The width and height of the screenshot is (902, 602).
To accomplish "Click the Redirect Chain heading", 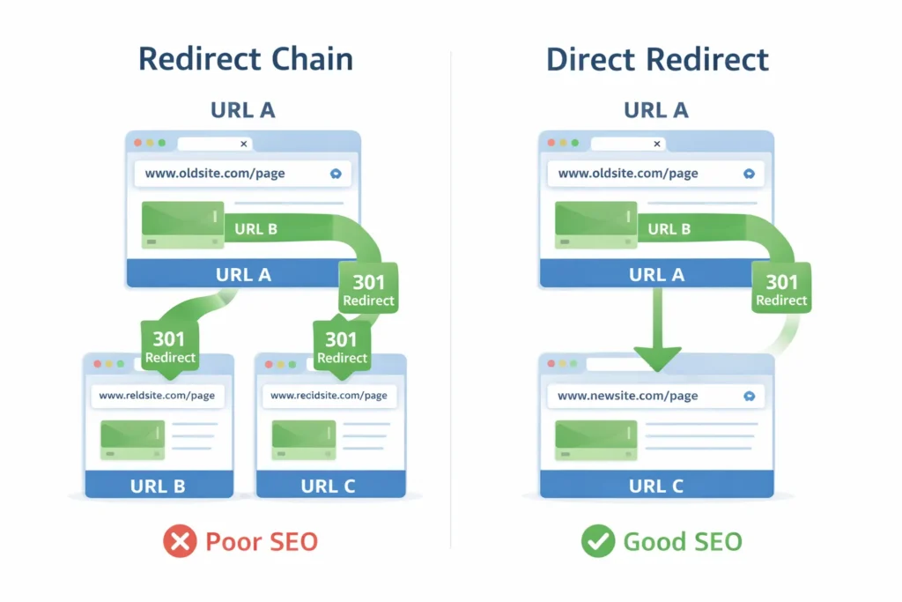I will pos(246,60).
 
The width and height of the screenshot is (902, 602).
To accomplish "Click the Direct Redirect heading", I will pos(657,60).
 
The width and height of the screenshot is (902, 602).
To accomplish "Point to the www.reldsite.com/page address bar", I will pos(158,396).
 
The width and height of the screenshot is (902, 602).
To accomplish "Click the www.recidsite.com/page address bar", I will pos(329,396).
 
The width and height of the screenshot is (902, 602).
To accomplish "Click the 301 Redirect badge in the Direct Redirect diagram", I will pos(781,290).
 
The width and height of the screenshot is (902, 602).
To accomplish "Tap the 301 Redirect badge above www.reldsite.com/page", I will pos(170,347).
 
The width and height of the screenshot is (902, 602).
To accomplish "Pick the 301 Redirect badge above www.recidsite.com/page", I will pos(342,347).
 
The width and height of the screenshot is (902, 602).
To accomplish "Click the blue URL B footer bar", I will pos(159,486).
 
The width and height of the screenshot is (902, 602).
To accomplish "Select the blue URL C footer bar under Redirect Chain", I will pos(329,486).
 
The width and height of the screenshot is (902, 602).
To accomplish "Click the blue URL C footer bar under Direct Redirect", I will pos(655,486).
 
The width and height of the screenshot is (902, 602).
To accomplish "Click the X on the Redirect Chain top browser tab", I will pos(244,144).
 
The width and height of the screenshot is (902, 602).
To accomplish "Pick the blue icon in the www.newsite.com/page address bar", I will pos(749,396).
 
